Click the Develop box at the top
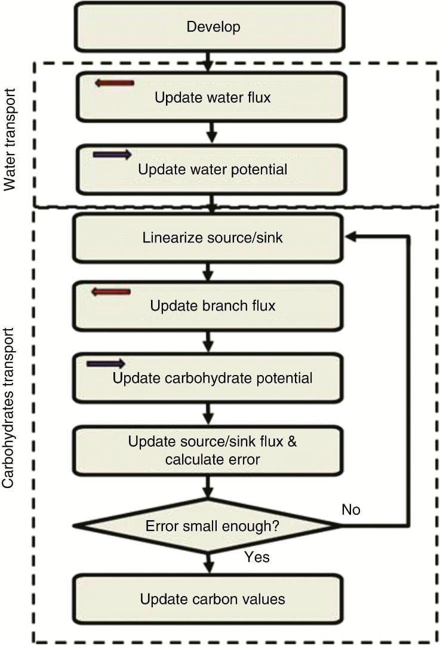click(209, 27)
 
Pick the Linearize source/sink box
click(208, 238)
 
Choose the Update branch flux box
click(208, 306)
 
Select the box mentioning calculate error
click(208, 450)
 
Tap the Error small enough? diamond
click(208, 526)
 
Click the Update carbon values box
click(208, 598)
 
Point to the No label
click(350, 509)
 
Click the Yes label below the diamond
click(257, 557)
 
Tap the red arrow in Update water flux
click(115, 83)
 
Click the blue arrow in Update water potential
click(112, 155)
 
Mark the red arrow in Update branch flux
click(110, 291)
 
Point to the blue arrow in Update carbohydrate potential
click(106, 363)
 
